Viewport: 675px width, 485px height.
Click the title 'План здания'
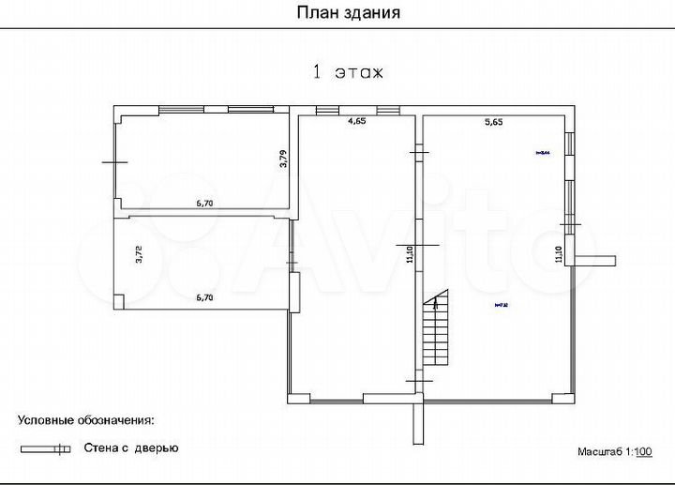point(349,12)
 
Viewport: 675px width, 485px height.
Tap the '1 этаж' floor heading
point(348,72)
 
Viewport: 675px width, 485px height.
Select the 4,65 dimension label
point(357,121)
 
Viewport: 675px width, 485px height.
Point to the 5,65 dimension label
point(494,121)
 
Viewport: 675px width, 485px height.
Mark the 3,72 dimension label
point(139,254)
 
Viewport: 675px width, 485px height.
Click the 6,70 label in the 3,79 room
point(206,202)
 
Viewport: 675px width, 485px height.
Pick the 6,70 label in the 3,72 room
point(206,297)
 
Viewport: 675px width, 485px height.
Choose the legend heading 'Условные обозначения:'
point(85,420)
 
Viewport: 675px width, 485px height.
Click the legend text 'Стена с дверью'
point(131,448)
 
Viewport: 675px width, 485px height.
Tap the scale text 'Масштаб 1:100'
point(615,452)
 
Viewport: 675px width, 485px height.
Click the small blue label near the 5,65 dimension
point(542,152)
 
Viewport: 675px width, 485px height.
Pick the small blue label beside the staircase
point(500,305)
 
